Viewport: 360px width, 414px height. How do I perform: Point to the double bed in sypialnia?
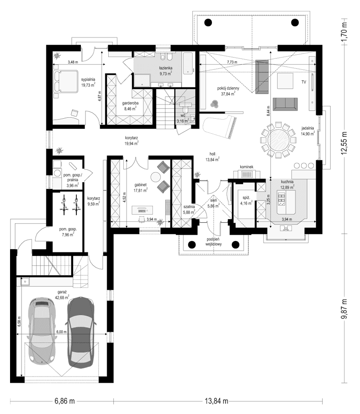pyautogui.click(x=66, y=81)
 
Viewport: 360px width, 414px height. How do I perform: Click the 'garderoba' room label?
pyautogui.click(x=130, y=103)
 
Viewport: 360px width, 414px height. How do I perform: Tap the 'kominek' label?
pyautogui.click(x=247, y=167)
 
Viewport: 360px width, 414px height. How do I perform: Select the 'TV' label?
pyautogui.click(x=304, y=82)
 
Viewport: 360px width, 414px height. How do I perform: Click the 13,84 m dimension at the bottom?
pyautogui.click(x=217, y=401)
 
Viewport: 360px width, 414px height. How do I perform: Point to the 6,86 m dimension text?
pyautogui.click(x=65, y=401)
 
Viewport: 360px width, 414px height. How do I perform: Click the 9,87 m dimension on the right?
pyautogui.click(x=344, y=309)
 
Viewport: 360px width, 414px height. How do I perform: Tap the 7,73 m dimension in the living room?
pyautogui.click(x=233, y=62)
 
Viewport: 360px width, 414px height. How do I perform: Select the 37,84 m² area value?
pyautogui.click(x=228, y=94)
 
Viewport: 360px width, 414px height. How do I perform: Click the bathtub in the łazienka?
pyautogui.click(x=188, y=63)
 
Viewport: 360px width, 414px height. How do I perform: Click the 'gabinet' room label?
pyautogui.click(x=140, y=185)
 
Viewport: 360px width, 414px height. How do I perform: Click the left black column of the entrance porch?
pyautogui.click(x=192, y=245)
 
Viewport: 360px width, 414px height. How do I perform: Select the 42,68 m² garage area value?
pyautogui.click(x=62, y=297)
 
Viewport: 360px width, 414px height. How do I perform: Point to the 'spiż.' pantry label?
pyautogui.click(x=246, y=198)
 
